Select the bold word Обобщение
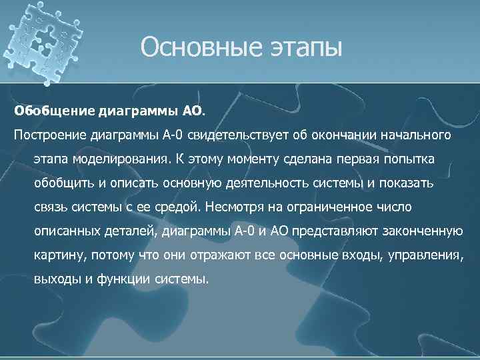coord(55,109)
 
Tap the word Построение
coord(45,135)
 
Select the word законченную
coord(424,231)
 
